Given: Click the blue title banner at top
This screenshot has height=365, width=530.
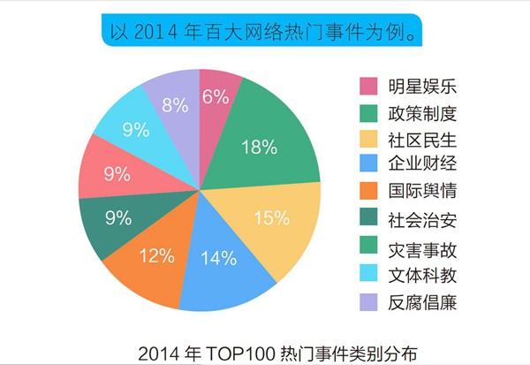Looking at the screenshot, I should point(264,31).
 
